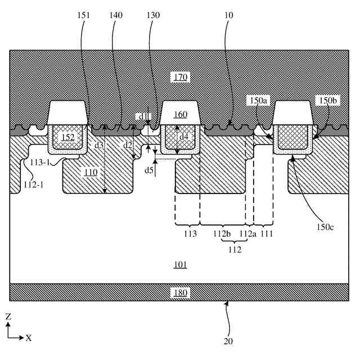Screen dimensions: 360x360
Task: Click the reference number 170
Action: pos(181,76)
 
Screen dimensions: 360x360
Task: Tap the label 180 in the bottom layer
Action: pos(181,292)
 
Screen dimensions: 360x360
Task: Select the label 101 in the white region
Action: pos(181,264)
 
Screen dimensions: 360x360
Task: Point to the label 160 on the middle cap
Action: pos(181,115)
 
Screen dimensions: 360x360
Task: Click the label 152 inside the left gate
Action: pos(68,137)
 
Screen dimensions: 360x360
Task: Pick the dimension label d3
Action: pos(99,145)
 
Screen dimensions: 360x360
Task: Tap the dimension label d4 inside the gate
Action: pos(184,137)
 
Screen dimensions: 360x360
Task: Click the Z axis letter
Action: pos(8,316)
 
